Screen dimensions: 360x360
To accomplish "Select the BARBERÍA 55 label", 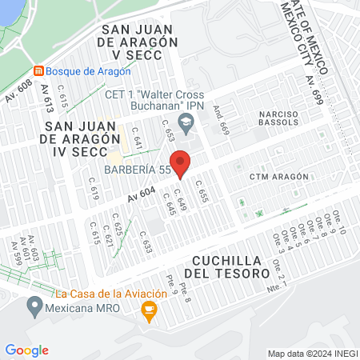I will [x=136, y=170].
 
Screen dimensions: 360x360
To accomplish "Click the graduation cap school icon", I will [x=186, y=122].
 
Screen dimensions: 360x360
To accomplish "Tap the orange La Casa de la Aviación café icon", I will [x=148, y=314].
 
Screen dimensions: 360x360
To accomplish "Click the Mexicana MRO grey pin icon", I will [x=34, y=306].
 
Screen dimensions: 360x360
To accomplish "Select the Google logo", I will [x=26, y=350].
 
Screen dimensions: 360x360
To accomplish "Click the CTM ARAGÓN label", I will [x=278, y=176].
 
